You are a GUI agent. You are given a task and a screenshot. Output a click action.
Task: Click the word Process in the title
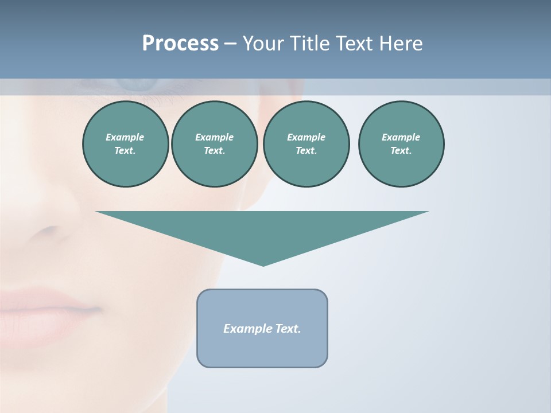tap(180, 44)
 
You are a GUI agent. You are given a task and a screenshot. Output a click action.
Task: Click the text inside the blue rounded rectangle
tap(262, 329)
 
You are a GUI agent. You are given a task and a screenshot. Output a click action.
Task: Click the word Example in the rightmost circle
tap(401, 137)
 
